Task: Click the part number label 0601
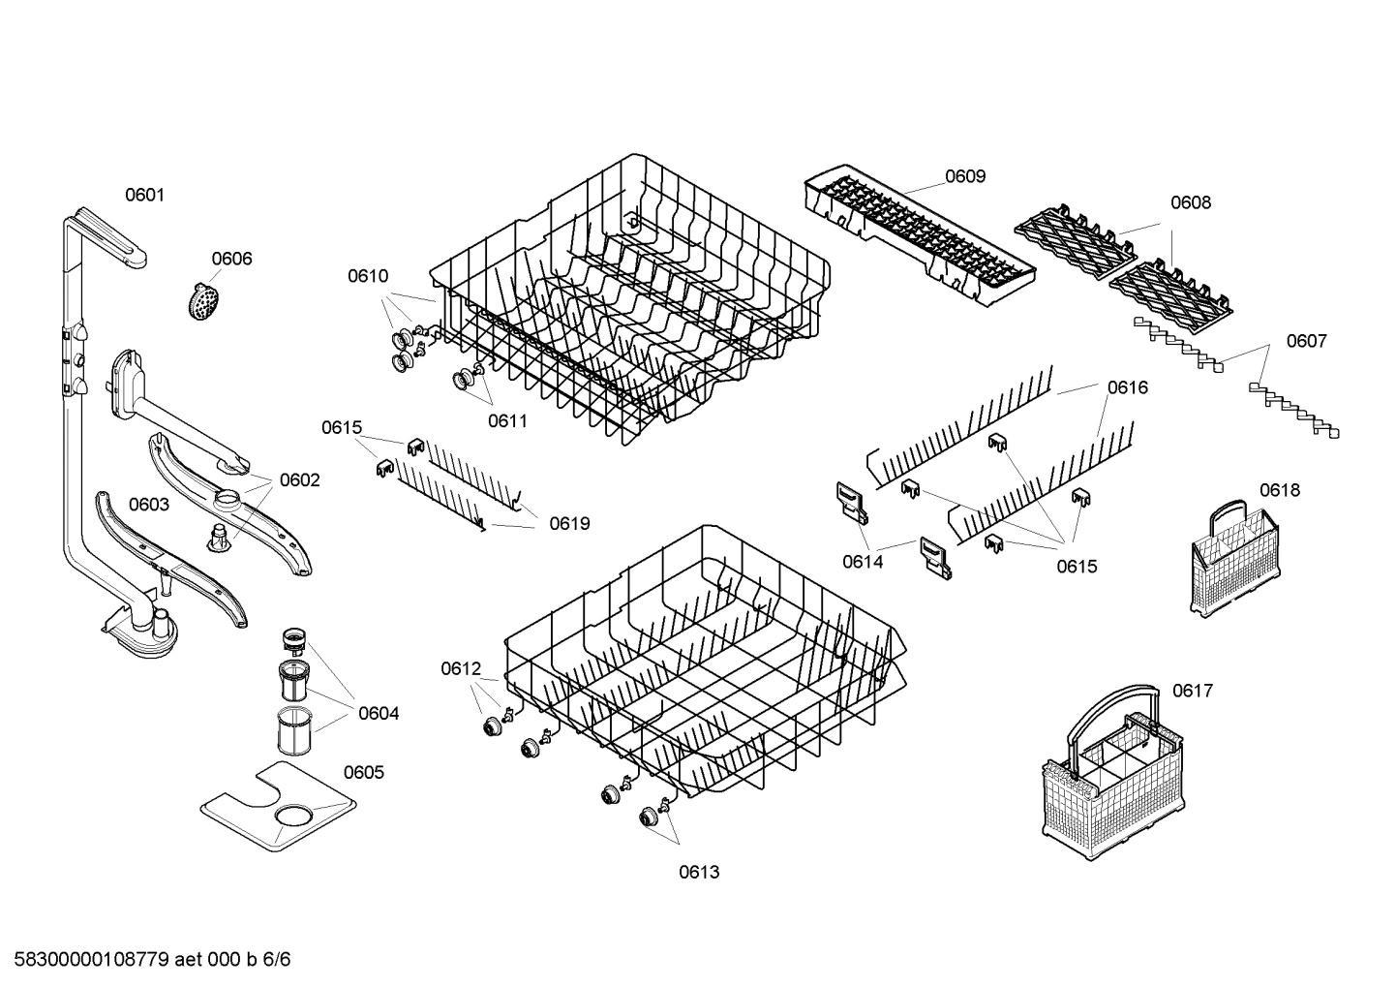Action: point(144,195)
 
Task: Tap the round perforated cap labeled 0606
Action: point(202,302)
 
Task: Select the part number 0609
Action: point(964,175)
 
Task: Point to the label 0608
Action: point(1190,202)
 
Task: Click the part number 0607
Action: point(1306,341)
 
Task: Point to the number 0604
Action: point(378,714)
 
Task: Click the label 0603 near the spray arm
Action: point(148,504)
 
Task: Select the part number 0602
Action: point(299,480)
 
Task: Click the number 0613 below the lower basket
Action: point(698,872)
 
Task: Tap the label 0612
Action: point(461,668)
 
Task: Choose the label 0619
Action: point(569,524)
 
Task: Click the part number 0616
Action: point(1127,387)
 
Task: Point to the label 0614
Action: point(862,562)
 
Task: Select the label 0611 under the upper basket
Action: point(507,420)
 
